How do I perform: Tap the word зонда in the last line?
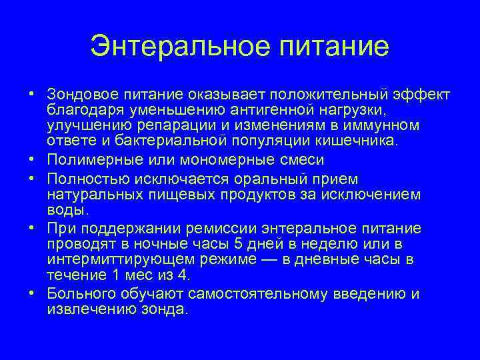[167, 310]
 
